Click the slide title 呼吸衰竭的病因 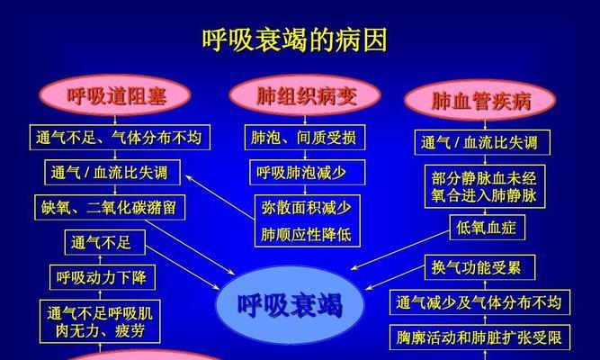[295, 40]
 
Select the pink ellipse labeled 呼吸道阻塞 [115, 95]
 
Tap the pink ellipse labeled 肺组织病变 [305, 95]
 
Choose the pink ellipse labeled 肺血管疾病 [480, 100]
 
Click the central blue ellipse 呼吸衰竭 [290, 305]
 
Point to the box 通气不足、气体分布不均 [120, 137]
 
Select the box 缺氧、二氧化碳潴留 [110, 208]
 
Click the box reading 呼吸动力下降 [103, 277]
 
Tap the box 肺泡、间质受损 [305, 137]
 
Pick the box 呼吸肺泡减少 [308, 172]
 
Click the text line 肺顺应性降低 [306, 234]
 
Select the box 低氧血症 [487, 228]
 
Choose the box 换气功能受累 [479, 267]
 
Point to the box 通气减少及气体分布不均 [479, 302]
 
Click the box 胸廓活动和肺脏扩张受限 [479, 337]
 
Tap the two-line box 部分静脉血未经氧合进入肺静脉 [485, 186]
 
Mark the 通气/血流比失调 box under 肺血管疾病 [482, 142]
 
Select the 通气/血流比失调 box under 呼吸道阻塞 [112, 172]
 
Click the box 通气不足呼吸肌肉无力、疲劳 [100, 321]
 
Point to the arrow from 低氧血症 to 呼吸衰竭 [400, 250]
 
